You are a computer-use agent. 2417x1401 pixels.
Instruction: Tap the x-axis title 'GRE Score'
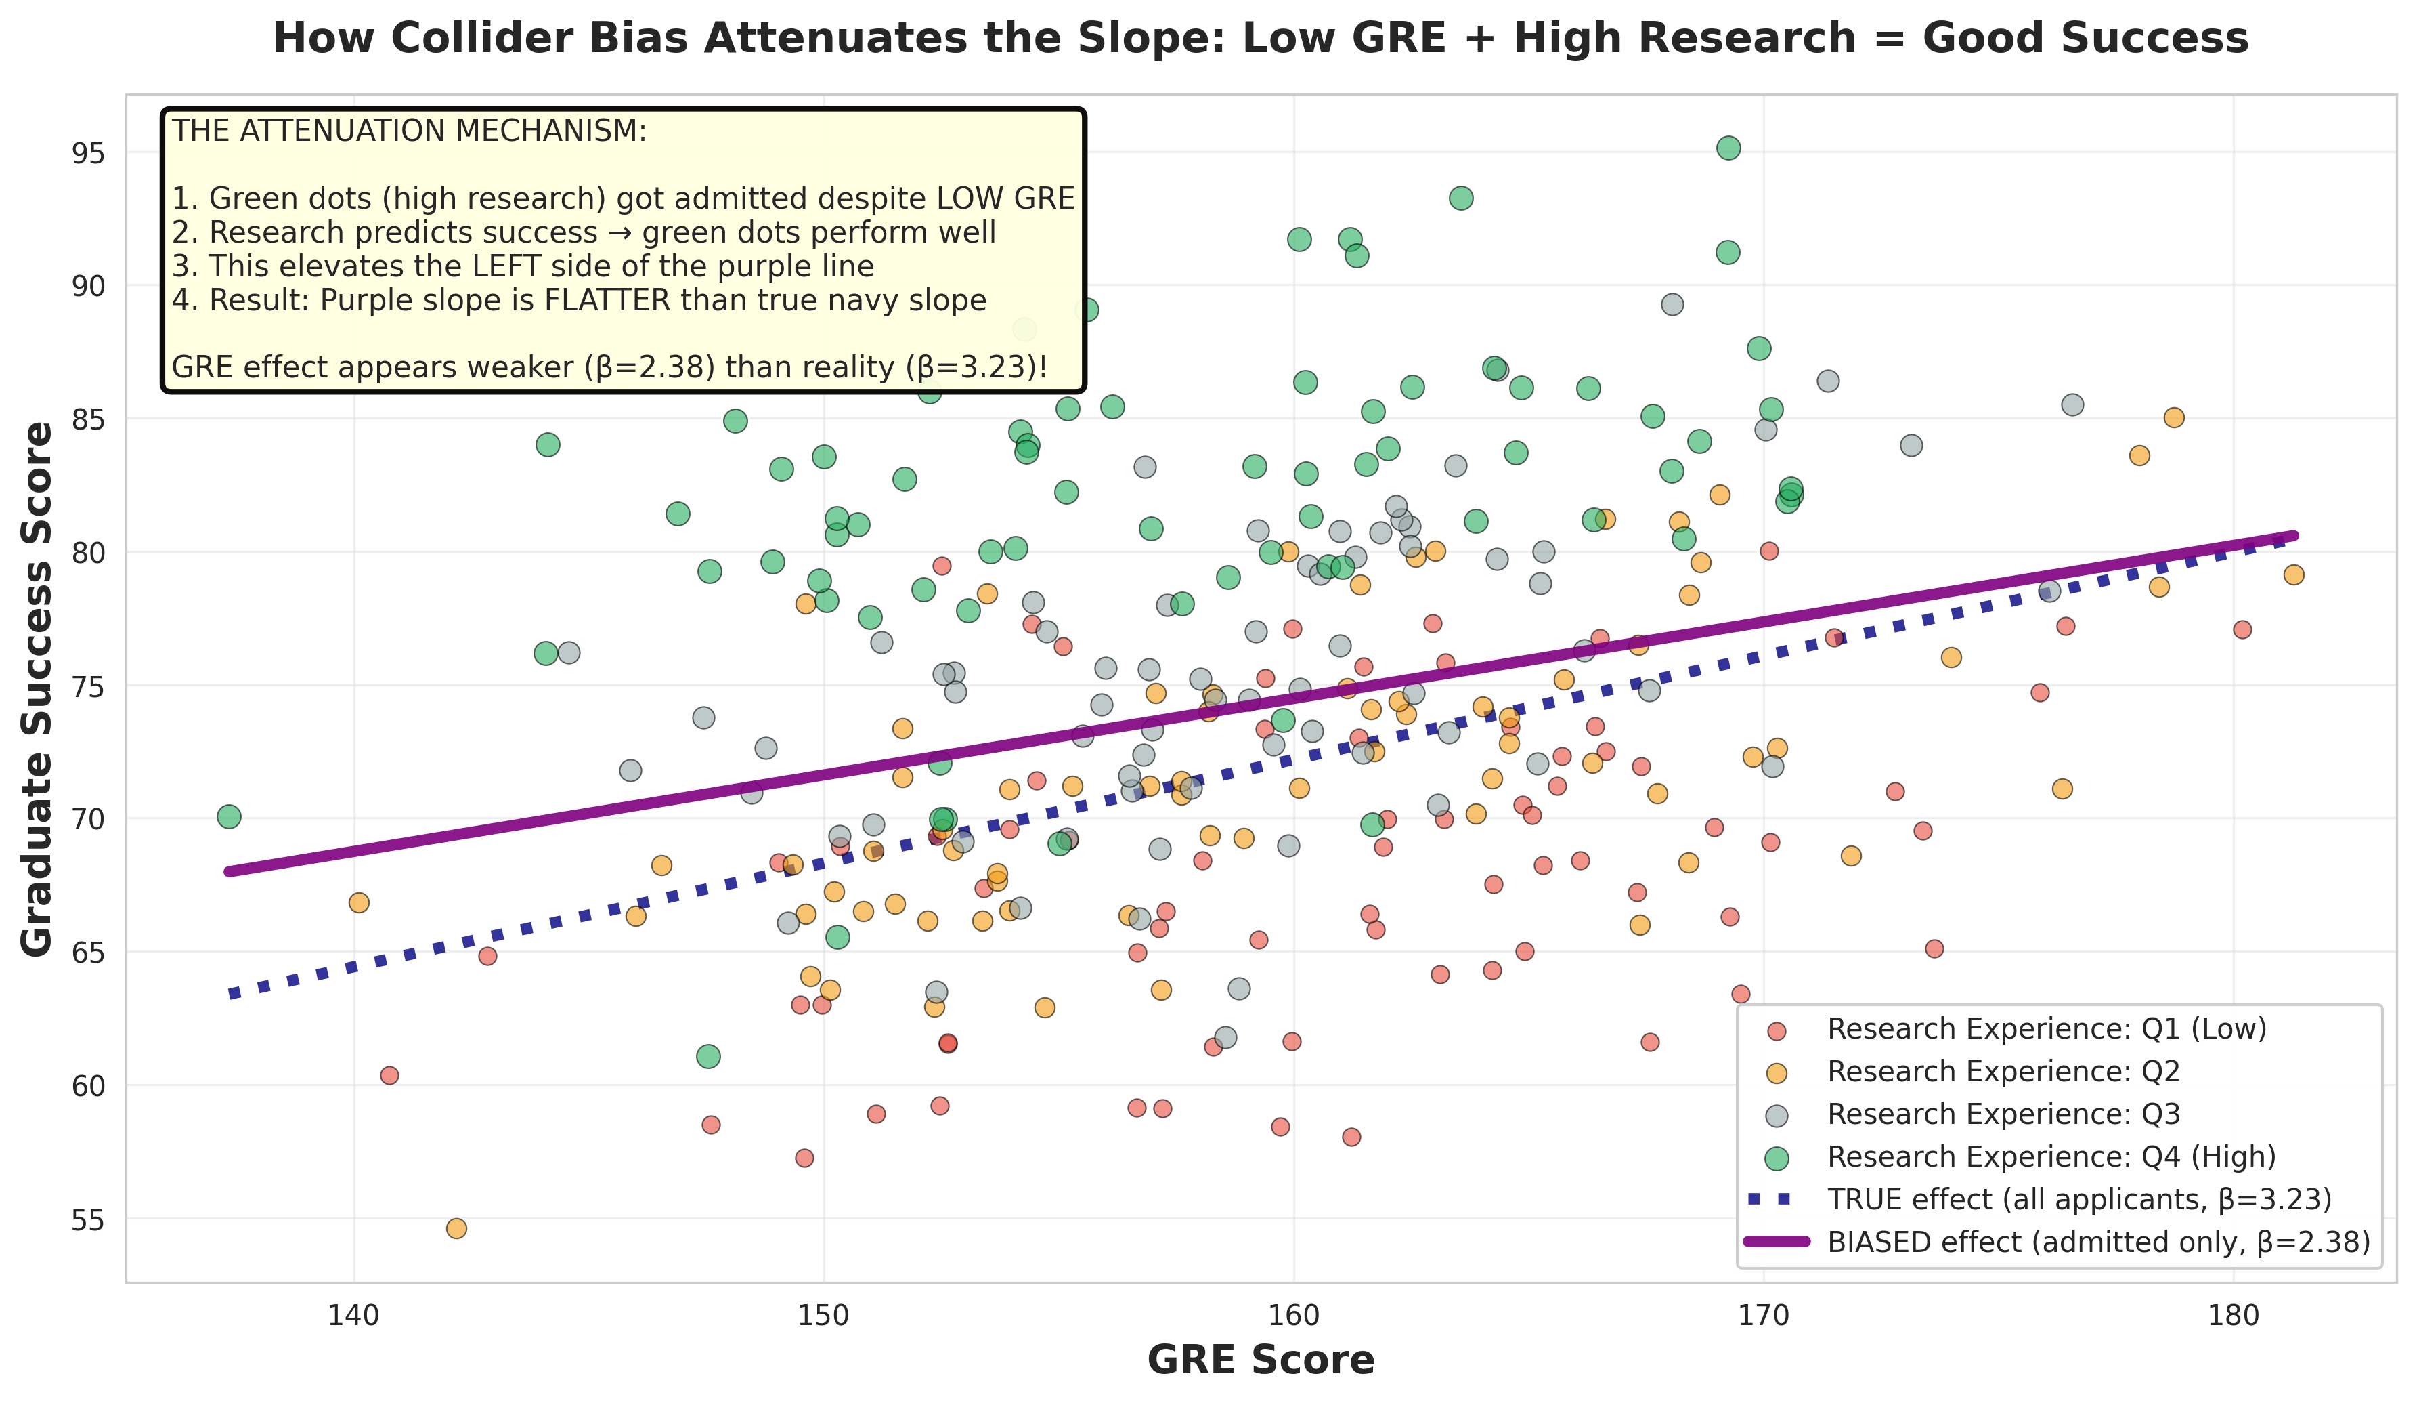click(x=1261, y=1360)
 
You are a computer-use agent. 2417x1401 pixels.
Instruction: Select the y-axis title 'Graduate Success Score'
click(x=39, y=688)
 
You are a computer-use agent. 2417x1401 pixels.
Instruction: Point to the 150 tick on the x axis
click(x=824, y=1316)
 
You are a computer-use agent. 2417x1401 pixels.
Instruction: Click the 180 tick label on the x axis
click(x=2233, y=1316)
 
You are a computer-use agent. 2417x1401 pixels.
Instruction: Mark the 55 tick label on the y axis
click(x=88, y=1219)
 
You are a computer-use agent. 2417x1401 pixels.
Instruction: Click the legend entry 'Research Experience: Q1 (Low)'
click(x=2046, y=1028)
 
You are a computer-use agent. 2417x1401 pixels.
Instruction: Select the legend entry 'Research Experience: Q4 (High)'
click(x=2051, y=1156)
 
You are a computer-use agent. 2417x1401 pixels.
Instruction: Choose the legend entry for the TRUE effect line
click(x=2078, y=1200)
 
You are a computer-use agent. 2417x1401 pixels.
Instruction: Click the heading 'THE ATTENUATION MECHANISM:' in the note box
click(x=410, y=131)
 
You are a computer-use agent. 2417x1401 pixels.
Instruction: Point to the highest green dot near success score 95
click(x=1728, y=148)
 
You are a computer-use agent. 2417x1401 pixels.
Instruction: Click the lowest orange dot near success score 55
click(x=456, y=1228)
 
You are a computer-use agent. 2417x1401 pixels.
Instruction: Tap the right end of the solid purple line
click(x=2293, y=535)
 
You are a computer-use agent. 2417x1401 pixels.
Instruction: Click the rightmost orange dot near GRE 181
click(x=2293, y=574)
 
